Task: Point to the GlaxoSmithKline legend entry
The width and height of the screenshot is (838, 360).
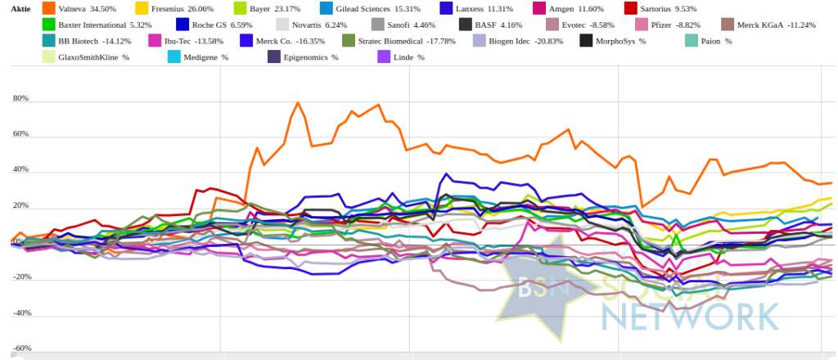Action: tap(92, 57)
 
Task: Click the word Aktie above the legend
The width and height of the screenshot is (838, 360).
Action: tap(11, 8)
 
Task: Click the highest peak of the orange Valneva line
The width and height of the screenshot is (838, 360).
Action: tap(298, 102)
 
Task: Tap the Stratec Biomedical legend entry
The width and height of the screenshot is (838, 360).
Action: tap(393, 41)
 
